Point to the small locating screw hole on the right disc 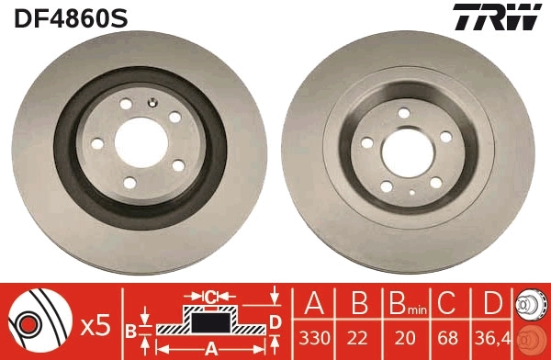coord(412,193)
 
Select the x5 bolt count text coord(96,323)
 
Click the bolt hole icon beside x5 coord(33,324)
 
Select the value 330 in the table coord(316,339)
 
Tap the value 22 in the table coord(361,339)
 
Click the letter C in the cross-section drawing coord(210,296)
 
